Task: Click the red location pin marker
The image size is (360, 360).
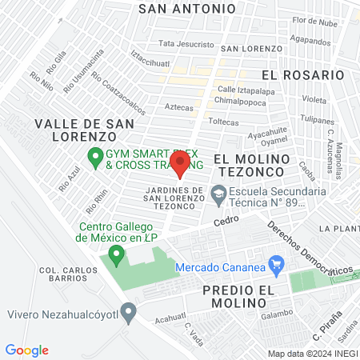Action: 180,164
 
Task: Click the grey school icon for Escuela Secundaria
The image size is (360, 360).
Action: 218,194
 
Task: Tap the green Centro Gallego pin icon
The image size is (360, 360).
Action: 117,255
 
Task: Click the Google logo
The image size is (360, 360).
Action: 26,350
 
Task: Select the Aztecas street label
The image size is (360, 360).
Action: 179,106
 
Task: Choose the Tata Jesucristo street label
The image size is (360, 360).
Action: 186,44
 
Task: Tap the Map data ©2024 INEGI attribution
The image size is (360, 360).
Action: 310,354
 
